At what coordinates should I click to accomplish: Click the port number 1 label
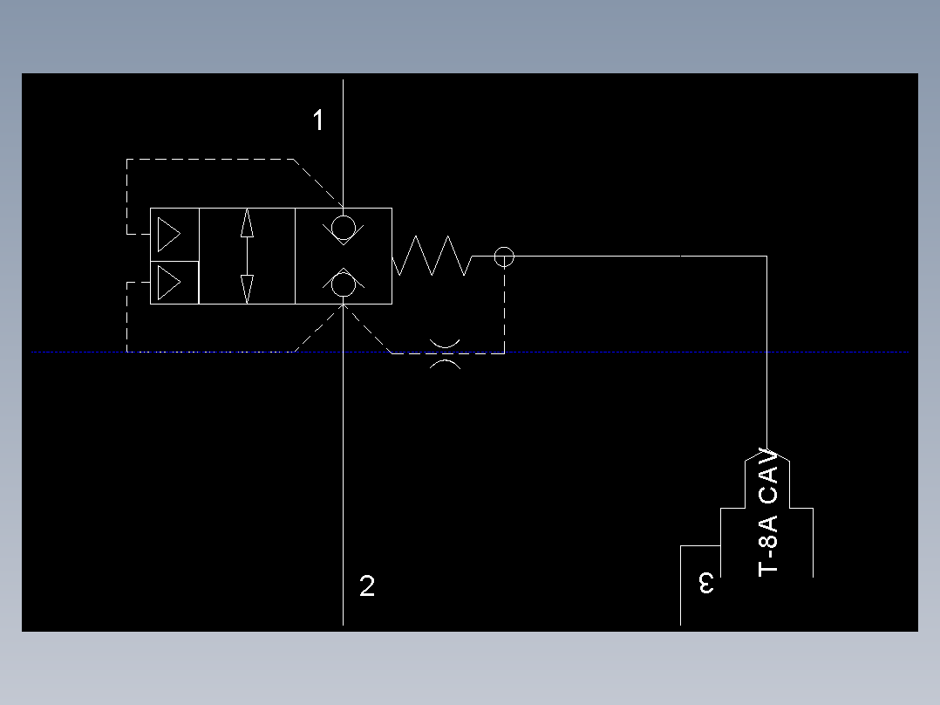tap(319, 120)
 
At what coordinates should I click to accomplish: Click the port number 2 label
tap(367, 586)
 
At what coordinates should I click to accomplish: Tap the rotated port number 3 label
tap(707, 583)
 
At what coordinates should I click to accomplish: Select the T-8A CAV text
tap(768, 512)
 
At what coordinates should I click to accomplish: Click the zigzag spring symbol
tap(432, 256)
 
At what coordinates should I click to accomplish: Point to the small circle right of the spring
tap(504, 257)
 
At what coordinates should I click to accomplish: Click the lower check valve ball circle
tap(344, 285)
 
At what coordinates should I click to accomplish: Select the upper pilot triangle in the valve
tap(168, 234)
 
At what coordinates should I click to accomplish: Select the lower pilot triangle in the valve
tap(168, 282)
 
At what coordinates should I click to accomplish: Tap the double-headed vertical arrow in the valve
tap(247, 256)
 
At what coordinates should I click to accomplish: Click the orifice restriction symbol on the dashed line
tap(446, 353)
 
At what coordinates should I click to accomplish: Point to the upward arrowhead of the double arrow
tap(247, 223)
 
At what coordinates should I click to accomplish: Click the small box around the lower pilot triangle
tap(174, 282)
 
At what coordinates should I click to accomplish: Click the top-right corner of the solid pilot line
tap(766, 256)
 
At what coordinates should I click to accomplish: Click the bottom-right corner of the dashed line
tap(504, 353)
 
